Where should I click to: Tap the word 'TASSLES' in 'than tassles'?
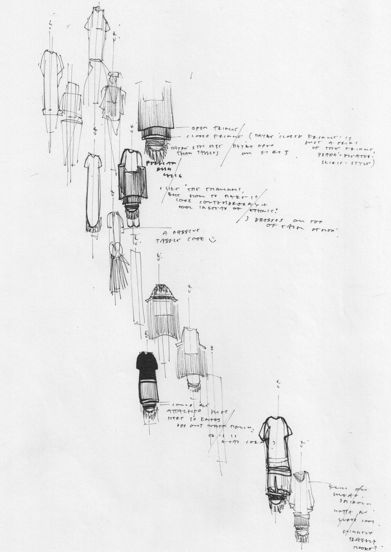pyautogui.click(x=189, y=154)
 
